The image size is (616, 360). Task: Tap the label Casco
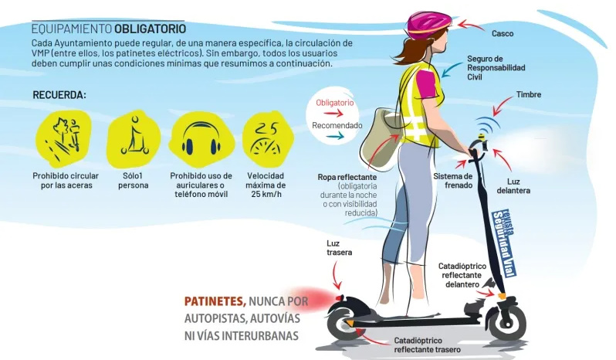pyautogui.click(x=503, y=34)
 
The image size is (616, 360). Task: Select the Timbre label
pyautogui.click(x=529, y=95)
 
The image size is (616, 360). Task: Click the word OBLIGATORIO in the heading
pyautogui.click(x=150, y=29)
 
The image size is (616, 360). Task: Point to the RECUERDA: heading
pyautogui.click(x=59, y=96)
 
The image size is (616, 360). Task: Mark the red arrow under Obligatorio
pyautogui.click(x=334, y=114)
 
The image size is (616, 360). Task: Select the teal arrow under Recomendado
pyautogui.click(x=335, y=136)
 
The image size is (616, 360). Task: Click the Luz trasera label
pyautogui.click(x=339, y=248)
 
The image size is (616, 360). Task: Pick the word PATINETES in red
pyautogui.click(x=215, y=301)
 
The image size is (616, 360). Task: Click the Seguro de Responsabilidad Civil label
pyautogui.click(x=496, y=68)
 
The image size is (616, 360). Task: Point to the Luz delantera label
pyautogui.click(x=513, y=186)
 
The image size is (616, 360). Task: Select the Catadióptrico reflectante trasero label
pyautogui.click(x=427, y=345)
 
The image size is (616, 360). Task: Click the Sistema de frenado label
pyautogui.click(x=453, y=181)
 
